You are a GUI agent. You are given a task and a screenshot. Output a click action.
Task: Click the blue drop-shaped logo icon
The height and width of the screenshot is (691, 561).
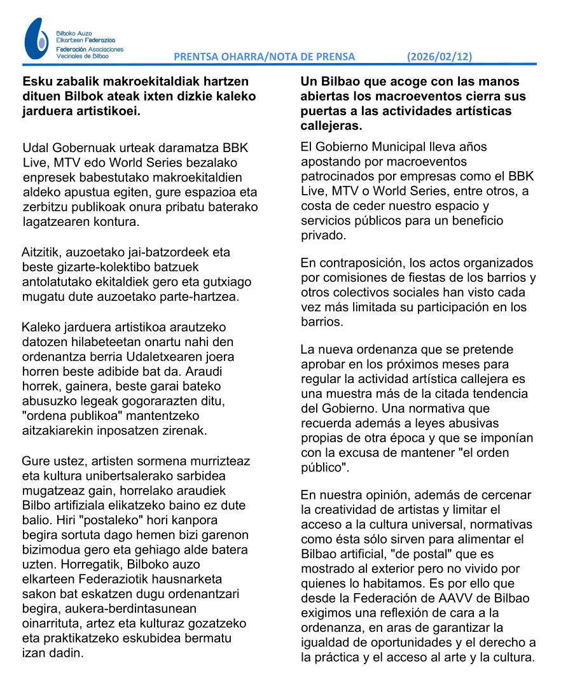click(36, 39)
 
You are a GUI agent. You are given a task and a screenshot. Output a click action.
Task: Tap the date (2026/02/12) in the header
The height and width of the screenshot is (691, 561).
click(440, 57)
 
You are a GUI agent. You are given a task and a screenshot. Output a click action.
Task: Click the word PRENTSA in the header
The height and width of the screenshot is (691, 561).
click(196, 57)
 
